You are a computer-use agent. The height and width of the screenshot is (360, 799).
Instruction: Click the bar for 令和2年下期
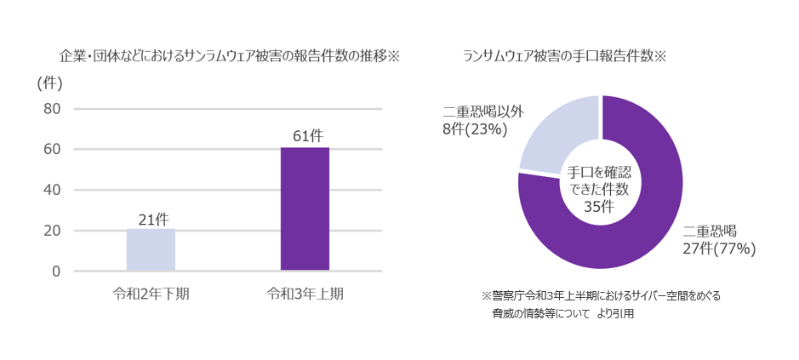click(x=151, y=250)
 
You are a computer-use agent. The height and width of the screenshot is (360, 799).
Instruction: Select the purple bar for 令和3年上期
click(x=305, y=209)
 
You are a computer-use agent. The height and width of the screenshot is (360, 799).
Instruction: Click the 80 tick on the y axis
click(x=51, y=109)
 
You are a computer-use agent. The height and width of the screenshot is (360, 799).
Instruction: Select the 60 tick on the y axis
click(x=51, y=150)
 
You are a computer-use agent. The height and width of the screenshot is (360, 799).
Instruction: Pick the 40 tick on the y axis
click(x=51, y=191)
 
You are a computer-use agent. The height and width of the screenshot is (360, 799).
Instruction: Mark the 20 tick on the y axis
click(x=51, y=231)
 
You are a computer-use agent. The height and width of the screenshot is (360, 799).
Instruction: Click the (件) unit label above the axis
click(x=50, y=83)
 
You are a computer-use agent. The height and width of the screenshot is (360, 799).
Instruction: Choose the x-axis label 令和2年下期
click(x=151, y=294)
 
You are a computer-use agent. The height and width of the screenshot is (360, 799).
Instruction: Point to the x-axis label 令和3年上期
click(x=305, y=294)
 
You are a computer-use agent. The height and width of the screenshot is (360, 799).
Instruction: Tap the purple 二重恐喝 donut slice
click(x=630, y=230)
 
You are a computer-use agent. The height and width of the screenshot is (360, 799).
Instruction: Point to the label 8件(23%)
click(x=475, y=129)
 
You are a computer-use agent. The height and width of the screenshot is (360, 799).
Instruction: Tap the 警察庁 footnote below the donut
click(x=601, y=296)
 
